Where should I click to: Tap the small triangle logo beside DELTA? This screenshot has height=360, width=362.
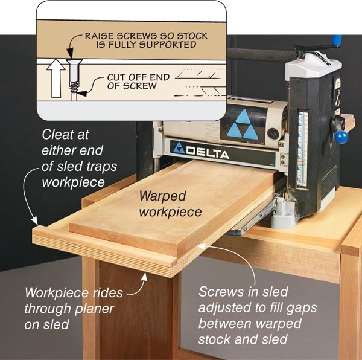179,148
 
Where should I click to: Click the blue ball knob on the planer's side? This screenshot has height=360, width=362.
342,138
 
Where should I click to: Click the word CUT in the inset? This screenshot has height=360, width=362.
117,77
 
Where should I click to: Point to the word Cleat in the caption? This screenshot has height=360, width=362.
57,134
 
